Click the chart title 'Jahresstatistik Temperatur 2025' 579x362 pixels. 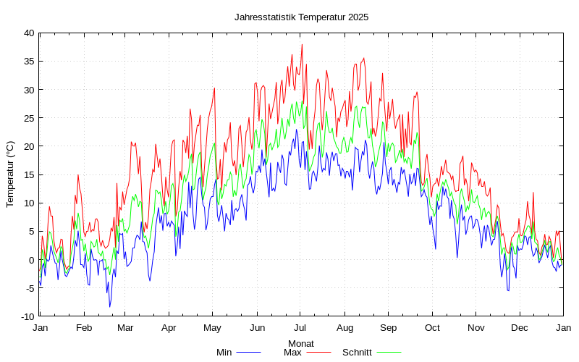click(301, 17)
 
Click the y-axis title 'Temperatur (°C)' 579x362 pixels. click(10, 174)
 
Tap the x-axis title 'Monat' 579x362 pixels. click(301, 343)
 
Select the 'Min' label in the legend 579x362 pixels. click(224, 353)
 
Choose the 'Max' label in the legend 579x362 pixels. click(292, 353)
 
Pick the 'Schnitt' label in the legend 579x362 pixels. click(357, 353)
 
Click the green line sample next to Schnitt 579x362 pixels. click(388, 353)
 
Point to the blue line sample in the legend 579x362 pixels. click(248, 353)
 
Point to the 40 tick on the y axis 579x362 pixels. click(28, 33)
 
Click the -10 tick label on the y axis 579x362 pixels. click(26, 316)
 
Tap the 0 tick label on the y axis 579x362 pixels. click(31, 260)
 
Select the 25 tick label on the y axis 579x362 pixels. click(28, 118)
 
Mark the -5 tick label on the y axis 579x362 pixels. click(28, 288)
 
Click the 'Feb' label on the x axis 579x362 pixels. click(84, 327)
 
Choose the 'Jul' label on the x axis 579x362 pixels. click(301, 327)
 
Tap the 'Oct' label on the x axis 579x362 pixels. click(432, 327)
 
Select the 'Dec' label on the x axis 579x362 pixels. click(519, 327)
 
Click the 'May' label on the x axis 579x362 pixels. click(213, 327)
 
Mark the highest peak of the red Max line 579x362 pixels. click(302, 45)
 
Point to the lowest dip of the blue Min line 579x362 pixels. click(110, 306)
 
